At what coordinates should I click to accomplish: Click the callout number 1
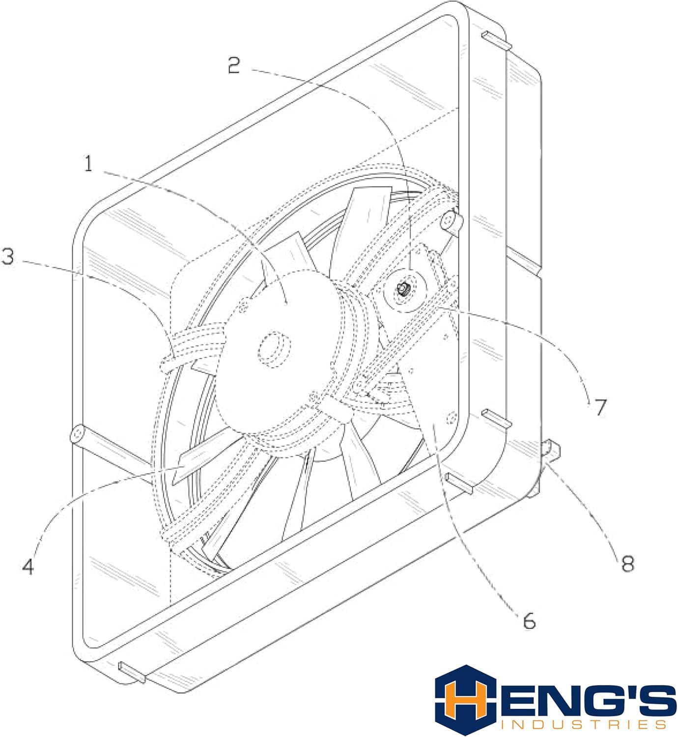click(88, 163)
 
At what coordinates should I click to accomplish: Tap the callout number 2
click(234, 65)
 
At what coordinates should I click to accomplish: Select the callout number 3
click(8, 256)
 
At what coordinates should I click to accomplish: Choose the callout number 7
click(600, 407)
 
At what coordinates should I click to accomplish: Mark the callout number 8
click(628, 563)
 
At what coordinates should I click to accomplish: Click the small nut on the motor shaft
click(403, 289)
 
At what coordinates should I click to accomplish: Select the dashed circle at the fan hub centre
click(275, 347)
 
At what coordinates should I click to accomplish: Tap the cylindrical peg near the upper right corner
click(453, 222)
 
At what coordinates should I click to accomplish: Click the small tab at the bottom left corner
click(132, 672)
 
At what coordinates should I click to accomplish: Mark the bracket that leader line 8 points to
click(551, 450)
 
